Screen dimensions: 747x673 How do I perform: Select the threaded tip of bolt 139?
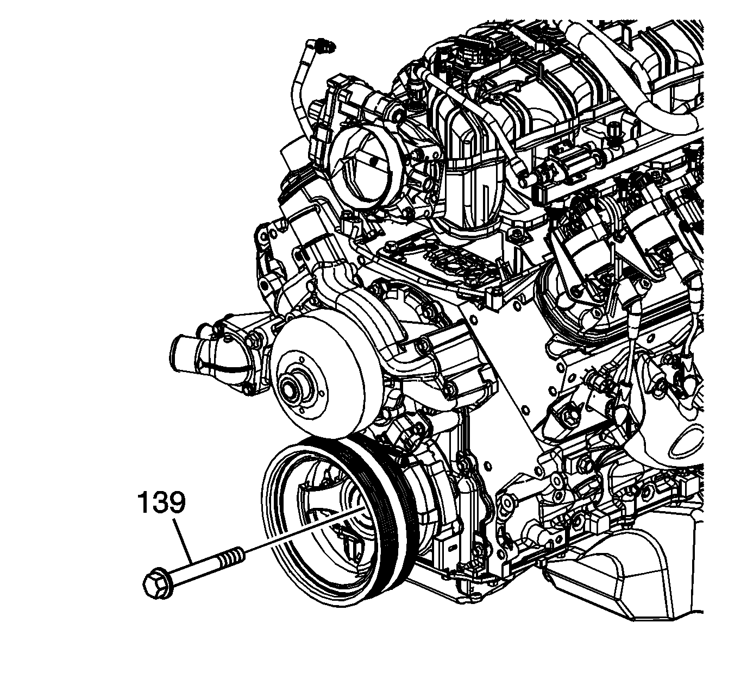233,558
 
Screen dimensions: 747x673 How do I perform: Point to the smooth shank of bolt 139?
196,573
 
